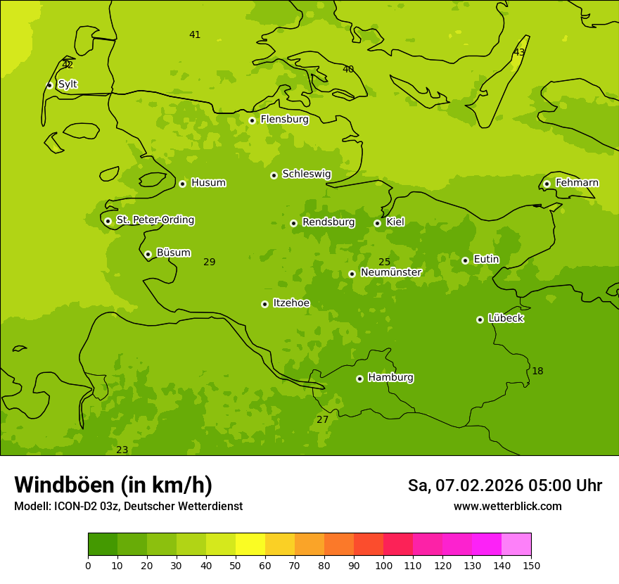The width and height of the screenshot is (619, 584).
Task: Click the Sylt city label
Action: (x=68, y=84)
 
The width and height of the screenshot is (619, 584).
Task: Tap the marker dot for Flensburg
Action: (x=252, y=120)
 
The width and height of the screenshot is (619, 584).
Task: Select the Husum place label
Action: (x=208, y=183)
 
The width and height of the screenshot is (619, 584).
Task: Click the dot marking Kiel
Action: (x=377, y=223)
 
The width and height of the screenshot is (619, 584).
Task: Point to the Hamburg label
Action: (x=390, y=378)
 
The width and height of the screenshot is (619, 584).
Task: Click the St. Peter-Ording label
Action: (x=155, y=220)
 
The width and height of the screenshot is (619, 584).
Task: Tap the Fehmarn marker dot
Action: (x=547, y=184)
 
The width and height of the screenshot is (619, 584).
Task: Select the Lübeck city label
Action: (x=505, y=319)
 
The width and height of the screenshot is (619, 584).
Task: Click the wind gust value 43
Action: (x=519, y=52)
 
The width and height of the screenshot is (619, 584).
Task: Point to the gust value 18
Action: (x=537, y=371)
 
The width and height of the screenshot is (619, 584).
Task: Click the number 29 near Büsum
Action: (x=210, y=262)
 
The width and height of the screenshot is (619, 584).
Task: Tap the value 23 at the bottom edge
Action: (x=122, y=450)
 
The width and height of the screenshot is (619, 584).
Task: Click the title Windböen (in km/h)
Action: (x=113, y=485)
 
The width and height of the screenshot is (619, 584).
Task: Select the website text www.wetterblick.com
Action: (x=507, y=506)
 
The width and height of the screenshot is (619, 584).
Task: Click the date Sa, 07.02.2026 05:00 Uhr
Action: (x=504, y=485)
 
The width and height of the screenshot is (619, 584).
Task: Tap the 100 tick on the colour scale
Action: (x=383, y=565)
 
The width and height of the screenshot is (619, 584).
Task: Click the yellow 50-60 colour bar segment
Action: (x=250, y=545)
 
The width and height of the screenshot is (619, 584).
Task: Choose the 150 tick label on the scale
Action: (x=531, y=565)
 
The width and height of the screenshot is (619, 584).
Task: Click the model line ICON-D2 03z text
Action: (x=128, y=506)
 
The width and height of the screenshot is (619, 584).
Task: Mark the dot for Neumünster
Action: (x=352, y=274)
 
